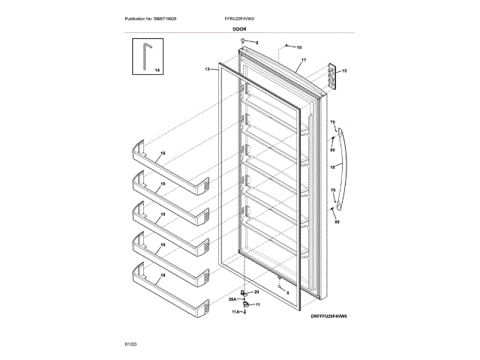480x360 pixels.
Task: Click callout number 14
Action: [157, 70]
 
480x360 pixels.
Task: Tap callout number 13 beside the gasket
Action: [207, 68]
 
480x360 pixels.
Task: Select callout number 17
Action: [304, 59]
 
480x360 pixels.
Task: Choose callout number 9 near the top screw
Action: [255, 43]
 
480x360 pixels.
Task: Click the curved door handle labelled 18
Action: [343, 169]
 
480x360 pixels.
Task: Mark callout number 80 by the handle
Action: [332, 150]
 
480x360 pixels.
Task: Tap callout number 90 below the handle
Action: [337, 222]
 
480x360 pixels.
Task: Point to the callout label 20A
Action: [232, 298]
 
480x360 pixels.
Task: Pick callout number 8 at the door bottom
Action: [287, 291]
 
